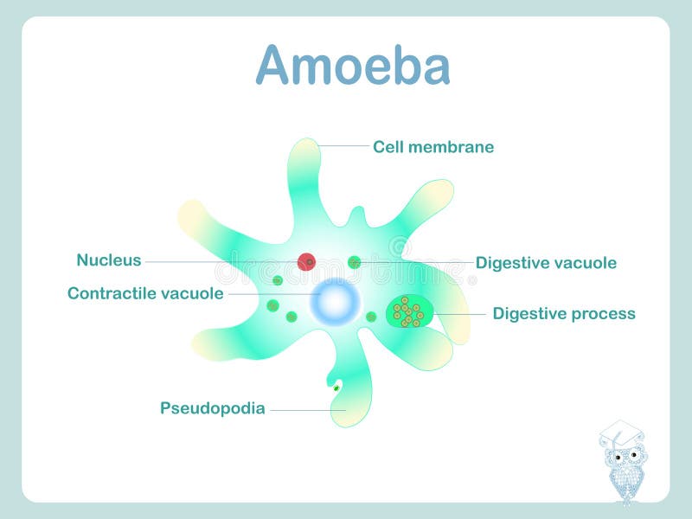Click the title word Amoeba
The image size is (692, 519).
coord(353,66)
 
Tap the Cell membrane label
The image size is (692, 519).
coord(433,147)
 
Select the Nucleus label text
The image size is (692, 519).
coord(108,259)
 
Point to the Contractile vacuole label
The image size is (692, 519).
coord(145,293)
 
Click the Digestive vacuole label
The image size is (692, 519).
coord(546,263)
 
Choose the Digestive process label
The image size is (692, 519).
coord(564,313)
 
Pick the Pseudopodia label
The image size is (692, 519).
coord(212,408)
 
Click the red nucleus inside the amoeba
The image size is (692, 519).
coord(306,261)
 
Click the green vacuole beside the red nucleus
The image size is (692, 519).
coord(355,262)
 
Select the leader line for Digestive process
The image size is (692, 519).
coord(458,313)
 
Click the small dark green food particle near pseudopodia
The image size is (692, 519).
coord(336,388)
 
